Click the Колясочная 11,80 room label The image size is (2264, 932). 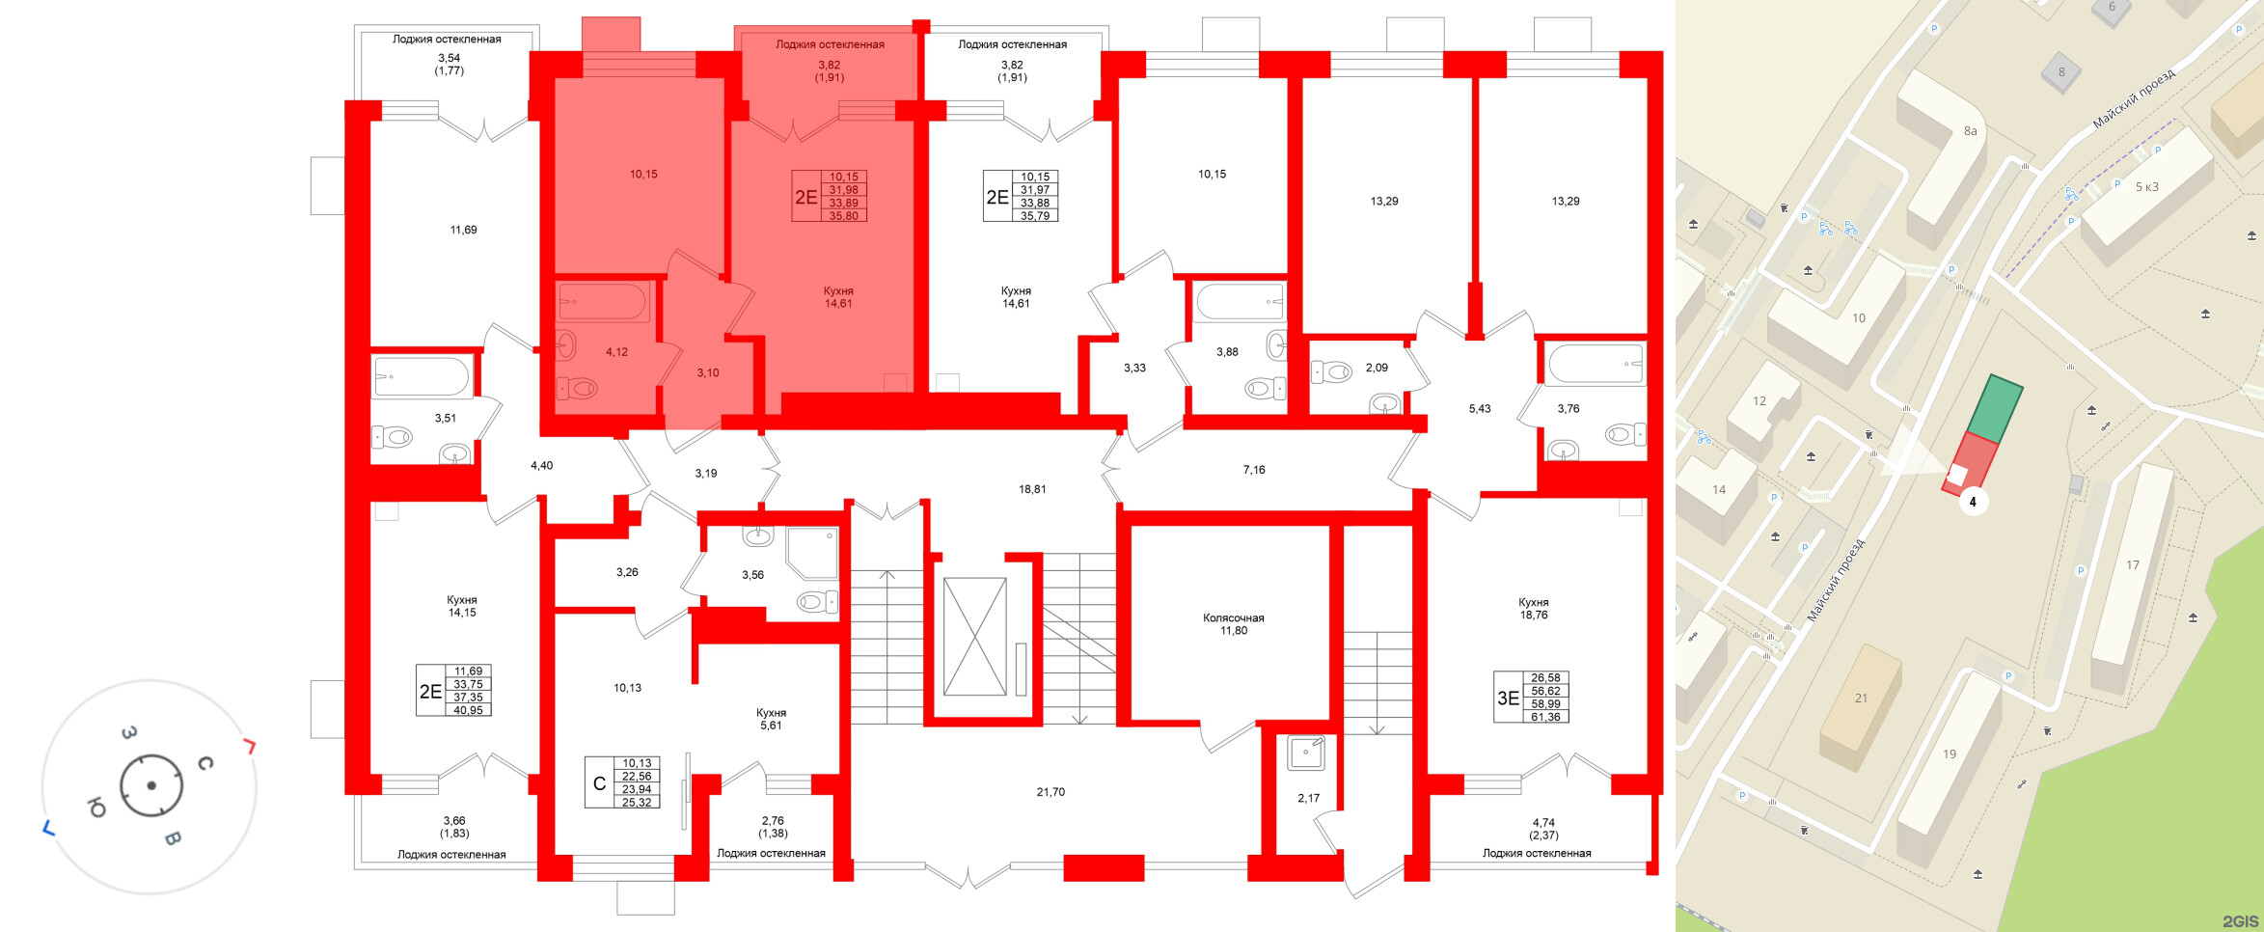pyautogui.click(x=1233, y=624)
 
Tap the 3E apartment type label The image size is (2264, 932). pyautogui.click(x=1508, y=698)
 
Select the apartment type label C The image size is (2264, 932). pyautogui.click(x=599, y=783)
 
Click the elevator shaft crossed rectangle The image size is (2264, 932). pyautogui.click(x=974, y=636)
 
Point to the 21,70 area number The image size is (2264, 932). pyautogui.click(x=1050, y=792)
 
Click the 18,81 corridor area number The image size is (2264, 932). pyautogui.click(x=1032, y=489)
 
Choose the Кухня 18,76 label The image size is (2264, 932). pyautogui.click(x=1533, y=608)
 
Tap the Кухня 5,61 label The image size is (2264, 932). pyautogui.click(x=771, y=719)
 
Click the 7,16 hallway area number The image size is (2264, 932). pyautogui.click(x=1254, y=470)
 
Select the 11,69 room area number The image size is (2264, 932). pyautogui.click(x=463, y=230)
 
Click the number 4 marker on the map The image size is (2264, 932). pyautogui.click(x=1973, y=502)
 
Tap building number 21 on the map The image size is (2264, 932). pyautogui.click(x=1861, y=698)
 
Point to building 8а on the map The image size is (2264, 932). pyautogui.click(x=1970, y=131)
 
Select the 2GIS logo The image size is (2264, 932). pyautogui.click(x=2240, y=920)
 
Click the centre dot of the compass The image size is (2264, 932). pyautogui.click(x=151, y=785)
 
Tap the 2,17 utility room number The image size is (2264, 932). pyautogui.click(x=1308, y=798)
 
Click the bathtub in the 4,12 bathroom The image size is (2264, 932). pyautogui.click(x=603, y=302)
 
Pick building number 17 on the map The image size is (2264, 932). pyautogui.click(x=2133, y=565)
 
